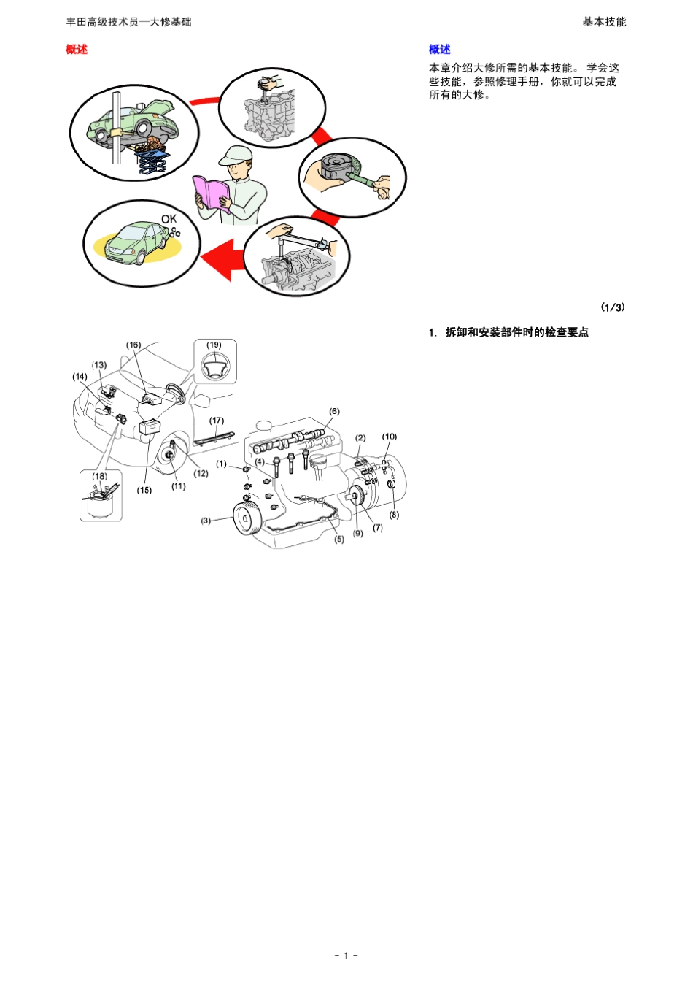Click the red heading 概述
77,50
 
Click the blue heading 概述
439,50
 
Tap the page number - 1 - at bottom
346,955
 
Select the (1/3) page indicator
612,307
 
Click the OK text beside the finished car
169,219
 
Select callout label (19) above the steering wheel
214,345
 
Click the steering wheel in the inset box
214,366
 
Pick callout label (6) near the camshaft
334,412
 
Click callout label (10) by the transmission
390,437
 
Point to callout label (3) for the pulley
206,521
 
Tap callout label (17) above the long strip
217,421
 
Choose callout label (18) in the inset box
99,476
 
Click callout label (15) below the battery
144,490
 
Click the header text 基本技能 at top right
604,22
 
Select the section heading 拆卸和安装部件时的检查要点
516,332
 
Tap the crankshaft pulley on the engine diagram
246,518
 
